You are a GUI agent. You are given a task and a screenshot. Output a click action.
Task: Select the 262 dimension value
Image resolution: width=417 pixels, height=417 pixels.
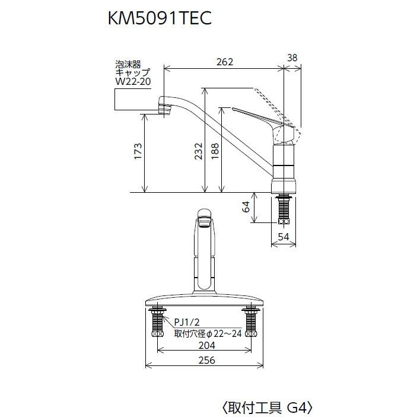click(225, 62)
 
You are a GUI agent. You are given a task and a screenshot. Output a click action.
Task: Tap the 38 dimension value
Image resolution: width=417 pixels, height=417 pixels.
click(292, 58)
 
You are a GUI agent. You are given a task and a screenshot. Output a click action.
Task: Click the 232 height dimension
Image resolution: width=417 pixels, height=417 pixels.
click(198, 152)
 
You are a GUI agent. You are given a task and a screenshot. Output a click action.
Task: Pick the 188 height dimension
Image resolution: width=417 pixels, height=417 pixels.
click(214, 152)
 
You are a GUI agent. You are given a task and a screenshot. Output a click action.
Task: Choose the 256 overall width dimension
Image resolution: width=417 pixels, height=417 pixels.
click(206, 360)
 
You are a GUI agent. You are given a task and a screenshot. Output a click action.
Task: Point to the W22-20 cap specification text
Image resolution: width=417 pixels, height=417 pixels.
click(129, 81)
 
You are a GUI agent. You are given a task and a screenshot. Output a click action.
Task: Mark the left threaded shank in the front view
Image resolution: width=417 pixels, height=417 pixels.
click(158, 324)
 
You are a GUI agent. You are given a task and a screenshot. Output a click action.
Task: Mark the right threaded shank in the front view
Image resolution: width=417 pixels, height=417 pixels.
click(251, 324)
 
